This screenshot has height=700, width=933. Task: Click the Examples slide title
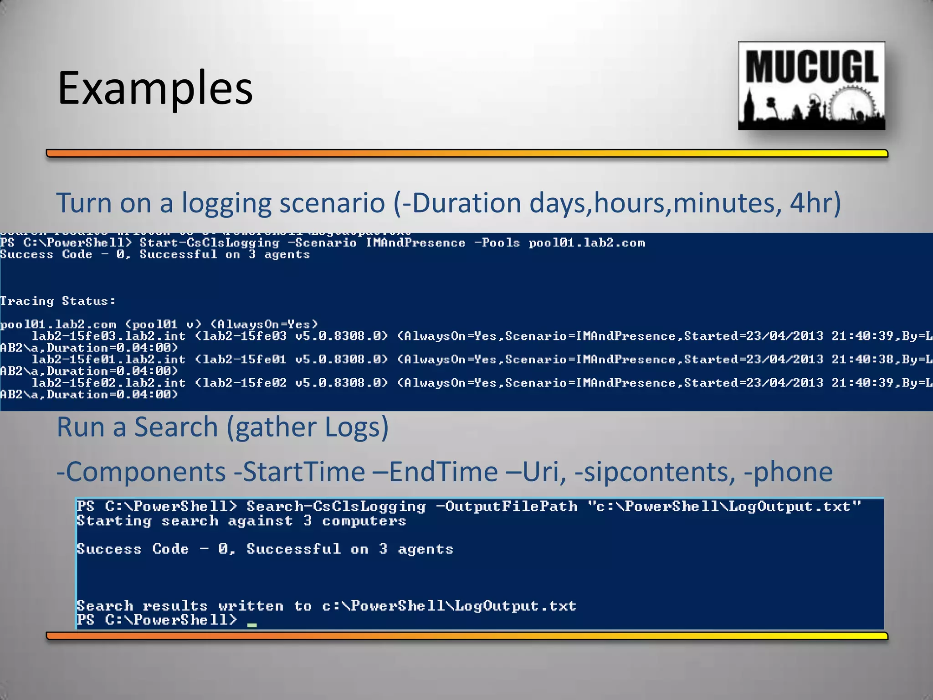(155, 88)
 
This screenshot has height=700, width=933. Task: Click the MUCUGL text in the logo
(812, 67)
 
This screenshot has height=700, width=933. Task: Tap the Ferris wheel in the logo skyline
(851, 104)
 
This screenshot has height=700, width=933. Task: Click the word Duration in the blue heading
(466, 203)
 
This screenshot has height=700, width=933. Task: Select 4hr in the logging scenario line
(810, 203)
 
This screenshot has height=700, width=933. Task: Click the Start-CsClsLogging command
(210, 243)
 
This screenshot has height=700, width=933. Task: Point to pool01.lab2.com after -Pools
(587, 243)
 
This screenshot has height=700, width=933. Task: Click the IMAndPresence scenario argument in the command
(415, 243)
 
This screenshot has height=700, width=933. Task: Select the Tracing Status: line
(58, 301)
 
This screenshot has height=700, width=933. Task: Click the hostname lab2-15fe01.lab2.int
(108, 360)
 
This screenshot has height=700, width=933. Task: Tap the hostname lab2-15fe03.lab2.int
(108, 336)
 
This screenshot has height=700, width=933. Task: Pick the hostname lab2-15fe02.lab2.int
(108, 383)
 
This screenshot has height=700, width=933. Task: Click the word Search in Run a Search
(176, 427)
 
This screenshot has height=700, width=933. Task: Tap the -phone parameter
(788, 472)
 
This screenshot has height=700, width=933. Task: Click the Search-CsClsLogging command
(336, 506)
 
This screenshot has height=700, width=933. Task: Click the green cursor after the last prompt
(252, 625)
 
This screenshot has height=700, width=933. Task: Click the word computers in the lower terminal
(364, 521)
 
